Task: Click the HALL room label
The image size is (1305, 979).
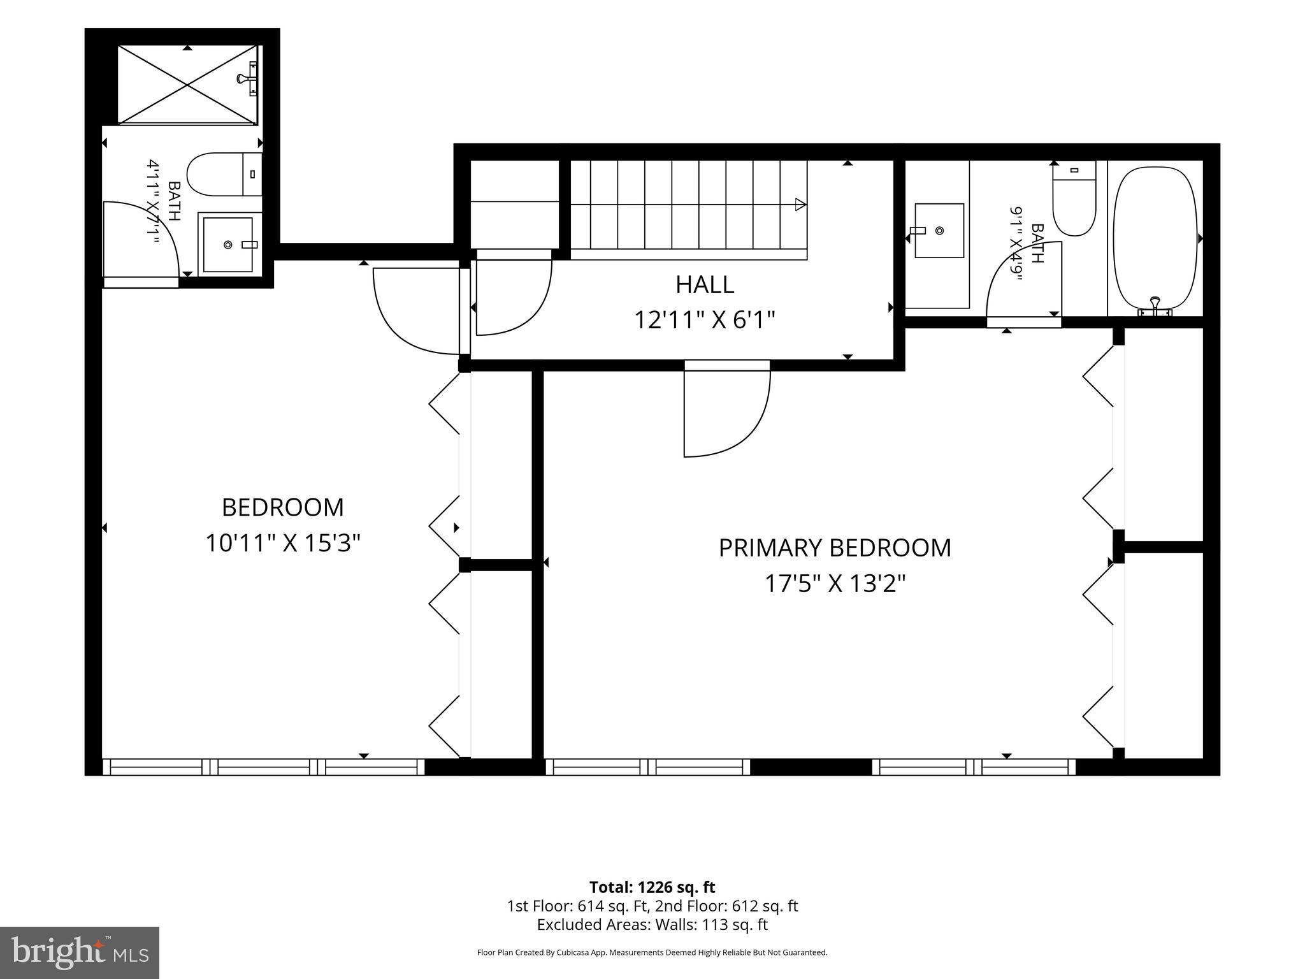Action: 705,284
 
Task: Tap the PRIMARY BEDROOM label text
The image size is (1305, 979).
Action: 835,548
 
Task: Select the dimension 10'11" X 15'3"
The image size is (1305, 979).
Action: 283,544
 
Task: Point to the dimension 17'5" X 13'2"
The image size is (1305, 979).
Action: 835,583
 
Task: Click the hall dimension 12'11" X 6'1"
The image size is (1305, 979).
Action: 705,320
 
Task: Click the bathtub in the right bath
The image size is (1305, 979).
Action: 1155,239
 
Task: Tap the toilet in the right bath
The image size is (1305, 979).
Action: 1074,198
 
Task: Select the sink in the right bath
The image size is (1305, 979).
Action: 939,230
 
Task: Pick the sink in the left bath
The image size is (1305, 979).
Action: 229,244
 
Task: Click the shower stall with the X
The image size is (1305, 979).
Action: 187,84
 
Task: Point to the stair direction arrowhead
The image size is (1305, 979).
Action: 801,205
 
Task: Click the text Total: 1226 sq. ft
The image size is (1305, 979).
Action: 652,887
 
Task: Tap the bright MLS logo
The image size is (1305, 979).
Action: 79,952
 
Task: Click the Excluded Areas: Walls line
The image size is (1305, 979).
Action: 652,925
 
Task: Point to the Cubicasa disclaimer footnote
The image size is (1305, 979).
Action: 652,953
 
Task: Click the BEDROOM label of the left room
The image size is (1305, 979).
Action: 283,508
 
